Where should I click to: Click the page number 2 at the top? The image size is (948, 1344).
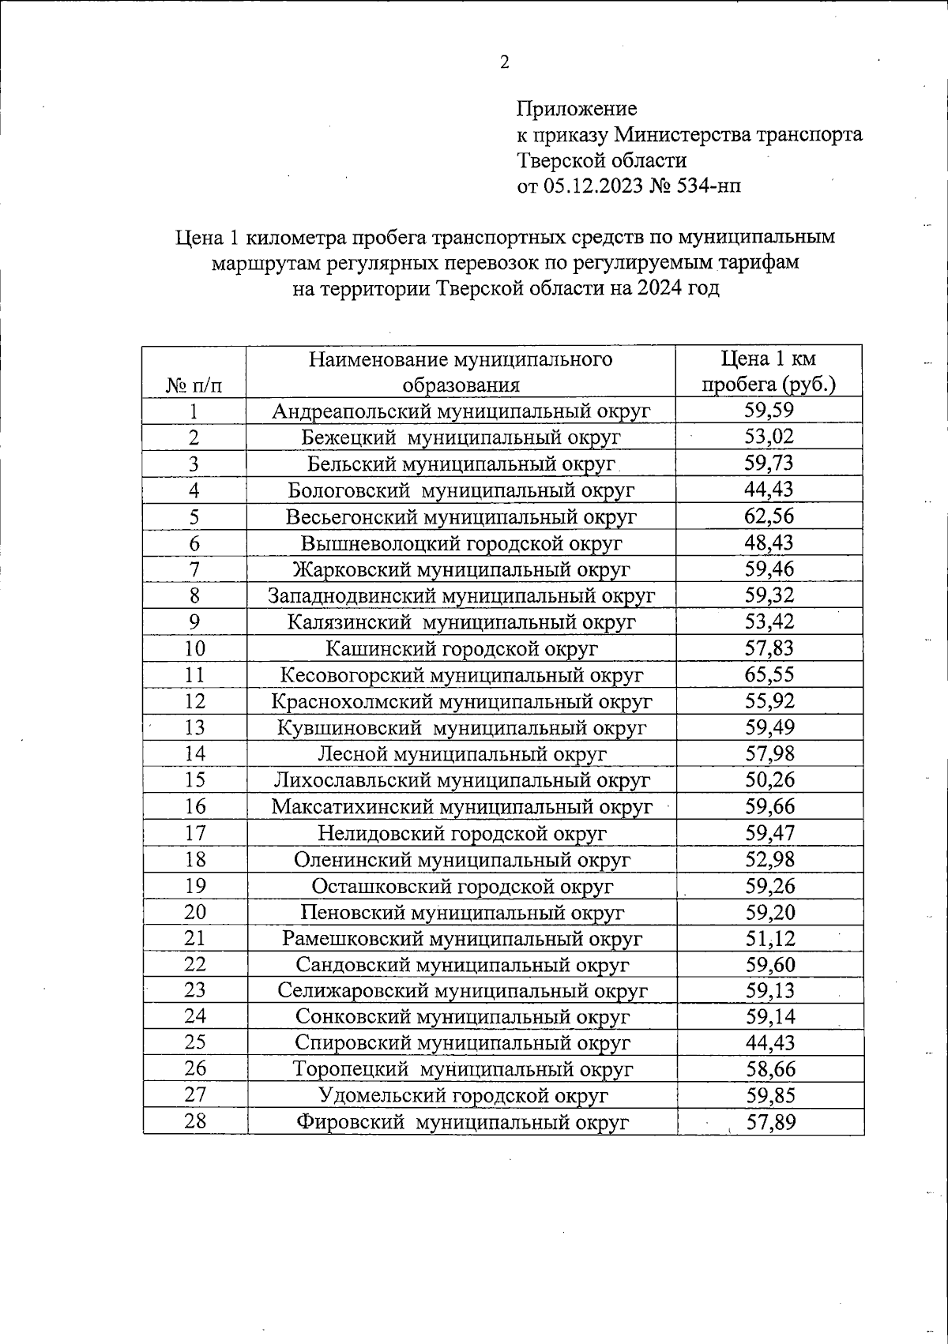click(x=504, y=62)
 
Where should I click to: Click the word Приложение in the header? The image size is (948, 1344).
click(x=576, y=108)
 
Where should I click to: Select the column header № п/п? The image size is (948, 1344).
click(x=194, y=385)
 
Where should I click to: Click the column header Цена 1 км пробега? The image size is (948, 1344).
click(x=769, y=371)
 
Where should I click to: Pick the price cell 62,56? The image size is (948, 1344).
click(x=769, y=516)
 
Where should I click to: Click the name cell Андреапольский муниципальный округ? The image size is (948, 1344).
click(x=461, y=411)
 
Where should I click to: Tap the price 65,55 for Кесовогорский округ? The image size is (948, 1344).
click(x=769, y=674)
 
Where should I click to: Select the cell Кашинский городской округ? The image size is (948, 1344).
click(x=461, y=648)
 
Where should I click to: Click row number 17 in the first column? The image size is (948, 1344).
click(x=194, y=833)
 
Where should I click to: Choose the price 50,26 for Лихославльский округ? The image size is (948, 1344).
click(x=769, y=780)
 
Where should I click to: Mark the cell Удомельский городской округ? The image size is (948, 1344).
click(x=463, y=1096)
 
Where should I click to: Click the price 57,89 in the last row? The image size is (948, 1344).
click(x=769, y=1122)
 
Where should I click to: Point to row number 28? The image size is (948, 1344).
click(x=194, y=1121)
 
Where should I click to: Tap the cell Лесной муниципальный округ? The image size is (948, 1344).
click(x=461, y=754)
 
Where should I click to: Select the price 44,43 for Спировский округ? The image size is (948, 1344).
click(x=769, y=1043)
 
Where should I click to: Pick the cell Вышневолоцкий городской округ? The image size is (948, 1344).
click(x=461, y=543)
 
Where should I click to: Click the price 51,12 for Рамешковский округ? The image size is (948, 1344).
click(x=769, y=938)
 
